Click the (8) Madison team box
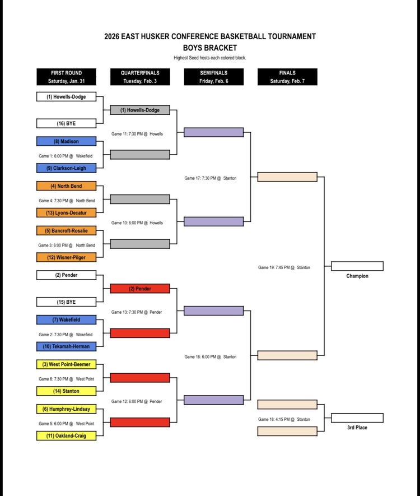coord(66,141)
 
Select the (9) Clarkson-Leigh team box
coord(66,168)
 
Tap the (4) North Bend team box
coord(66,186)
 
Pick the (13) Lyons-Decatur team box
coord(66,212)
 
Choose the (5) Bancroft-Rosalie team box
coord(66,230)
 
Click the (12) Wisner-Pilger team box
coord(66,257)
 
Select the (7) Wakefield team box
coord(66,320)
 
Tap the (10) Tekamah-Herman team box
coord(66,346)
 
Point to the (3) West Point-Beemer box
coord(66,364)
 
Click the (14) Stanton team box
coord(66,391)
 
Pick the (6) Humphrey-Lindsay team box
coord(66,409)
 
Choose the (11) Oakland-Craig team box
coord(66,435)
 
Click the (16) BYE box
coord(66,123)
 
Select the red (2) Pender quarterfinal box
coord(140,289)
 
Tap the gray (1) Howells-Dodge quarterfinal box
coord(140,110)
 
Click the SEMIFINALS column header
coord(213,77)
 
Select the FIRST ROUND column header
coord(66,77)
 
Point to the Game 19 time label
coord(284,268)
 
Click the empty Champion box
coord(357,266)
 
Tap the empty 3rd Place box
coord(357,418)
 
